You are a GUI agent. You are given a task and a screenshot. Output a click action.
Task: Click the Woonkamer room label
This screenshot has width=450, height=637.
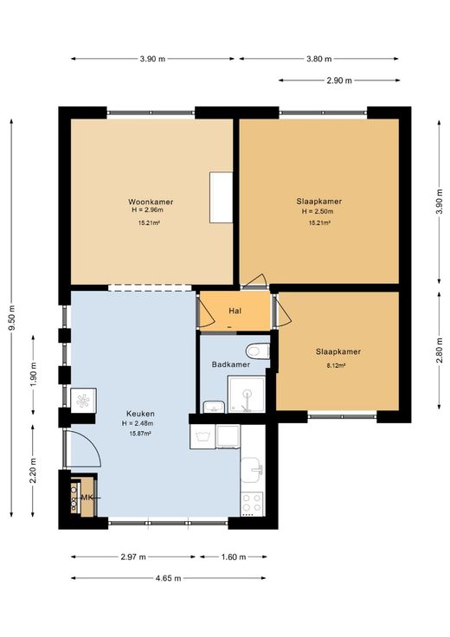pyautogui.click(x=151, y=202)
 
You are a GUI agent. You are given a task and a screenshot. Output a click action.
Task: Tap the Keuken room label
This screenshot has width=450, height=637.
pyautogui.click(x=140, y=414)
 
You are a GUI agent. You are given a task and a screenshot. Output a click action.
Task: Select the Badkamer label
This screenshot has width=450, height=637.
pyautogui.click(x=231, y=364)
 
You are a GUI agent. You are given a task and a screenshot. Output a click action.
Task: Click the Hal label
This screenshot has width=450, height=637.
pyautogui.click(x=235, y=312)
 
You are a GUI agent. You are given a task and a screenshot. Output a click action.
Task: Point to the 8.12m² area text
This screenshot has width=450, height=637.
pyautogui.click(x=337, y=365)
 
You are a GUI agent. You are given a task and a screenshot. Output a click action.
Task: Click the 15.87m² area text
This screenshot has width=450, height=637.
pyautogui.click(x=140, y=434)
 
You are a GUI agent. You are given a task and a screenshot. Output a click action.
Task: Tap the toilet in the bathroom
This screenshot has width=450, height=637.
pyautogui.click(x=258, y=351)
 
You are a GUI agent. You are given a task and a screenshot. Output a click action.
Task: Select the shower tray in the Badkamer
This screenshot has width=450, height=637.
pyautogui.click(x=247, y=394)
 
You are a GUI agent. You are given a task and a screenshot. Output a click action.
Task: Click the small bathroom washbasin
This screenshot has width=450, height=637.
pyautogui.click(x=214, y=407)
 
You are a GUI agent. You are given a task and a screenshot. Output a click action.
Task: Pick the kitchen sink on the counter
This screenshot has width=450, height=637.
pyautogui.click(x=253, y=471)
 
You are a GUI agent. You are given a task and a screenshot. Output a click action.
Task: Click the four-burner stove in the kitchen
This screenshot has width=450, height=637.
pyautogui.click(x=252, y=503)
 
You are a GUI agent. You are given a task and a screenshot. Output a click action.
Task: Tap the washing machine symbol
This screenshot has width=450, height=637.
pyautogui.click(x=202, y=437)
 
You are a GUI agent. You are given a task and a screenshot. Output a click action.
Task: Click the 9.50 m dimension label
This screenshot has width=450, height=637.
pyautogui.click(x=11, y=318)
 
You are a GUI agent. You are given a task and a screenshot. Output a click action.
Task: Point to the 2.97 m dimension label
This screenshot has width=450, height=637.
pyautogui.click(x=133, y=557)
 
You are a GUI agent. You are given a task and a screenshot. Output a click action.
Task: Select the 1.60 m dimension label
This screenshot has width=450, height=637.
pyautogui.click(x=234, y=557)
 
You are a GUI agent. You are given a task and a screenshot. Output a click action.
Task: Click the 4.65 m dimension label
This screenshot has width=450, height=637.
pyautogui.click(x=168, y=578)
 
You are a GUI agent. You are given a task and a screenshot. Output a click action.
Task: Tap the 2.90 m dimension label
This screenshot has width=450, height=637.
pyautogui.click(x=339, y=80)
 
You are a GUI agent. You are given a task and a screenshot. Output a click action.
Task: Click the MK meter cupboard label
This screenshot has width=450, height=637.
pyautogui.click(x=87, y=498)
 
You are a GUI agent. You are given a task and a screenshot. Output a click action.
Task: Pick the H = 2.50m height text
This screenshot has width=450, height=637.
pyautogui.click(x=318, y=211)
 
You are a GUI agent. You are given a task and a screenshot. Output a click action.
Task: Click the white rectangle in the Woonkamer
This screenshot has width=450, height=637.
pyautogui.click(x=221, y=197)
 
